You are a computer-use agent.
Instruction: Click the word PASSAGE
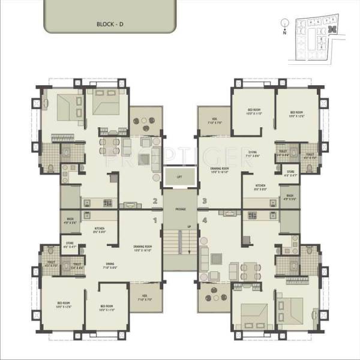[x=180, y=209]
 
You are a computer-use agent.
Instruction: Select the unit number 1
[x=155, y=221]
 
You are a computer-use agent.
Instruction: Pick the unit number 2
[x=155, y=202]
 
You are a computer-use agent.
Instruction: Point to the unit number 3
[x=205, y=202]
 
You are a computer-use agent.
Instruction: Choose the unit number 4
[x=205, y=221]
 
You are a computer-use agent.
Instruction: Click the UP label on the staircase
[x=190, y=226]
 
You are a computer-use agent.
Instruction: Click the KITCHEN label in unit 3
[x=260, y=186]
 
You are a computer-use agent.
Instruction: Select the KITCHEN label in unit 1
[x=100, y=229]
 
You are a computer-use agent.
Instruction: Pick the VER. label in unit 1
[x=145, y=297]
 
